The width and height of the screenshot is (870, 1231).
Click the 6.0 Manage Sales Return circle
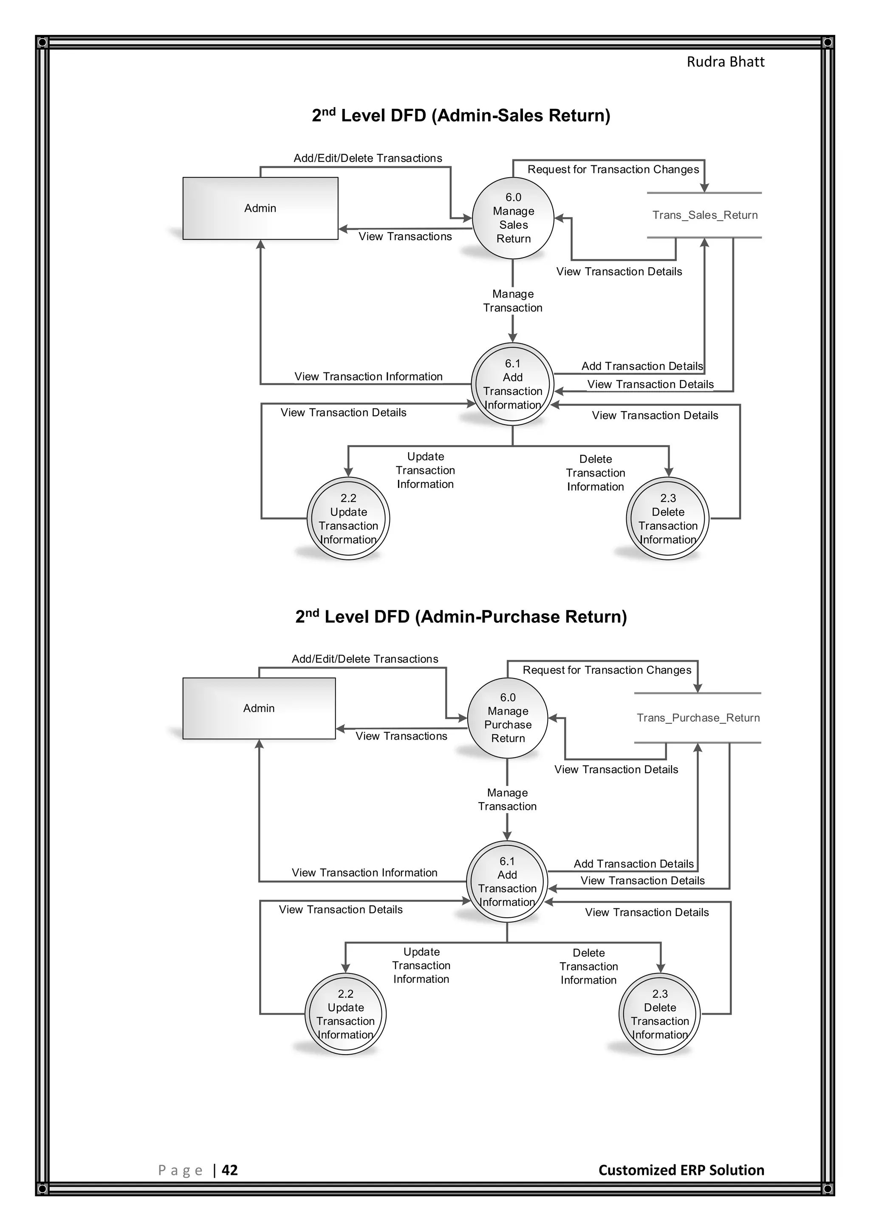[x=513, y=218]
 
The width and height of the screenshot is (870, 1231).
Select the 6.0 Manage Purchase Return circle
[x=507, y=718]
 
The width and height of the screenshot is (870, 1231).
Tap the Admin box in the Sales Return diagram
[x=260, y=208]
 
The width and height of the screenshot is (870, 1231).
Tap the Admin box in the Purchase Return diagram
[x=259, y=708]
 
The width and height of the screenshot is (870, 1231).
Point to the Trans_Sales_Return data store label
[x=704, y=215]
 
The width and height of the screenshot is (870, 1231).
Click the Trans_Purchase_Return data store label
[x=698, y=718]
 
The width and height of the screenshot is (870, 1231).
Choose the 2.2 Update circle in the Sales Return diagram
[x=348, y=519]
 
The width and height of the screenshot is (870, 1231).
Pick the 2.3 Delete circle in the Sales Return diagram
[x=667, y=519]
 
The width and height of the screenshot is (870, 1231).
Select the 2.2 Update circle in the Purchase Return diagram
[x=345, y=1014]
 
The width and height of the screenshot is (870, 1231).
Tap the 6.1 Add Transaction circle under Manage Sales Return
[x=513, y=384]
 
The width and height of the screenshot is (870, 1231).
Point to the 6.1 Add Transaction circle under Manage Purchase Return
[x=507, y=882]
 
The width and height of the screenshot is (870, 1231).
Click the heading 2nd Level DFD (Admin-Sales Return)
[x=461, y=115]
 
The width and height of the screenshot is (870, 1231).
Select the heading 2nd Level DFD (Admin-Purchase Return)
[x=461, y=617]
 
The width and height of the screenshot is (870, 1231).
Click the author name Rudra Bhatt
[x=726, y=62]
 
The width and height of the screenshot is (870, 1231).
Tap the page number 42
[x=229, y=1170]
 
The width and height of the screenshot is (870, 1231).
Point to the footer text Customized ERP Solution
[x=681, y=1170]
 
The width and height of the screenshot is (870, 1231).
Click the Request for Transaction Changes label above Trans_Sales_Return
[x=613, y=170]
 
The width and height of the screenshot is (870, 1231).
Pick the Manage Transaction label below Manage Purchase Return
[x=507, y=800]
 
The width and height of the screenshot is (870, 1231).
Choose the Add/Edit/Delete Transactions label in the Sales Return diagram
[x=367, y=158]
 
